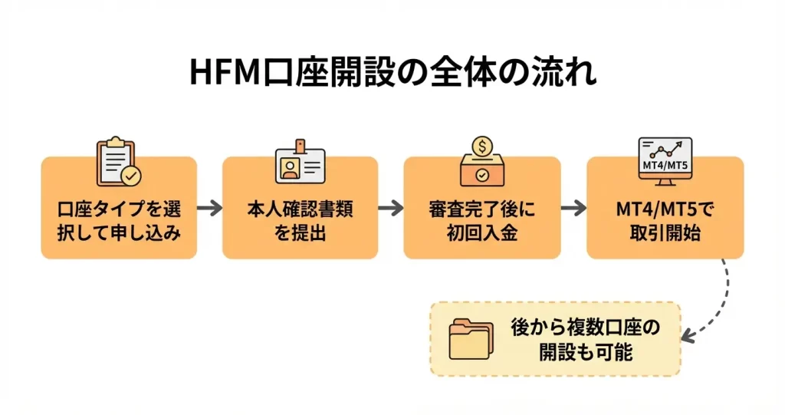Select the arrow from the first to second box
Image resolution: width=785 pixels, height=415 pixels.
209,208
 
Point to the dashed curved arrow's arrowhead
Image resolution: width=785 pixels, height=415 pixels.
688,335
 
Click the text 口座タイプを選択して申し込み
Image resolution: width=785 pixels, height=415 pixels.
119,221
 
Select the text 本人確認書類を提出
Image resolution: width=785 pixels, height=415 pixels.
301,221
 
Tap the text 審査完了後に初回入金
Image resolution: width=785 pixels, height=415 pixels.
482,221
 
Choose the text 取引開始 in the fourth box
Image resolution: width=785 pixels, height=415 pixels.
665,233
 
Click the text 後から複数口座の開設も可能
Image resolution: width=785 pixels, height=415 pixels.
585,340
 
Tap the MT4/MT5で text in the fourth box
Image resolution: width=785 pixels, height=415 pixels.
665,209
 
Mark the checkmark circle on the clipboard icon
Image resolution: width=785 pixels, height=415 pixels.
132,176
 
